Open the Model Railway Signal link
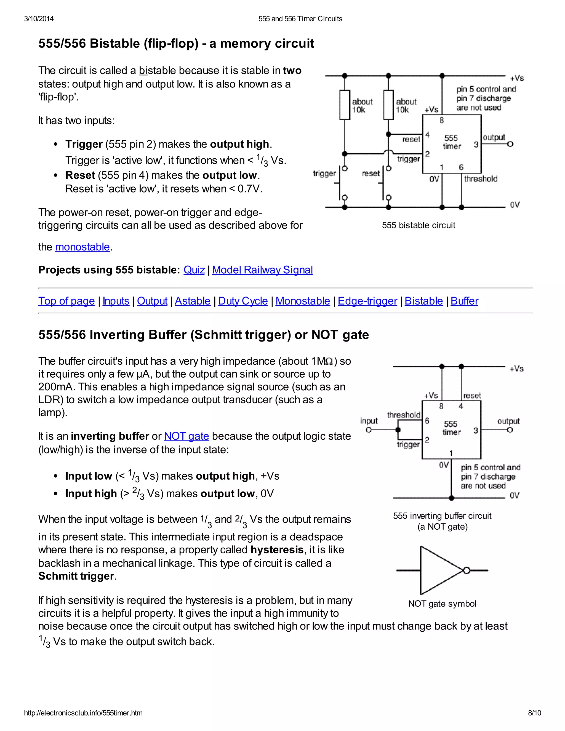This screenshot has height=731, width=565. coord(262,270)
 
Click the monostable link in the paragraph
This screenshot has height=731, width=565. coord(82,247)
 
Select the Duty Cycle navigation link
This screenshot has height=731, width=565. coord(243,301)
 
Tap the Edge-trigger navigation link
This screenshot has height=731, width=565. coord(367,301)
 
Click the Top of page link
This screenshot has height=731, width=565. coord(66,301)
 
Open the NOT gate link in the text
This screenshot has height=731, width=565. coord(186,436)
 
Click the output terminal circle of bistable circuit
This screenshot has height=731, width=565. coord(510,144)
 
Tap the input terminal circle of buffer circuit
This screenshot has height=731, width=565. coord(369,430)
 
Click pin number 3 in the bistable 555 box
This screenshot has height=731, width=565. coord(476,145)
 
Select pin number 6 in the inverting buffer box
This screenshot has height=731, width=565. coord(427,421)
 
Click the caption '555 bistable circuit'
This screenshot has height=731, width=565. coord(419,225)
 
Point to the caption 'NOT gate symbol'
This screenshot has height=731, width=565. coord(442,604)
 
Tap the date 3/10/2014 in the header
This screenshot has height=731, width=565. coord(39,19)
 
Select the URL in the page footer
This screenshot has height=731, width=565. coord(83,713)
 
